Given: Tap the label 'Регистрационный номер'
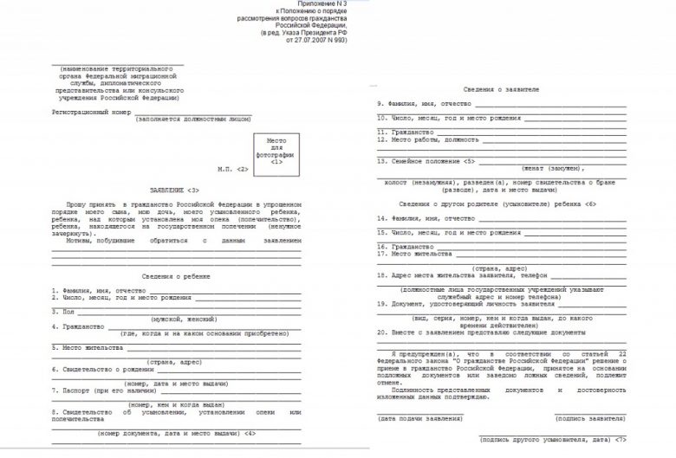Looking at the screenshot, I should coord(89,113).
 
